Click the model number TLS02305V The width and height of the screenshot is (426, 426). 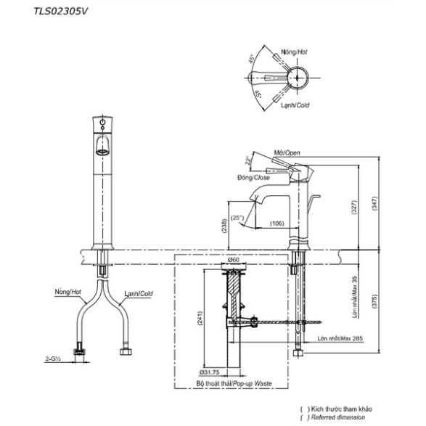[x=60, y=11]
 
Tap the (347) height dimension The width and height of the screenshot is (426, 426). [x=374, y=203]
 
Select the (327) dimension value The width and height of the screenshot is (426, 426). [x=354, y=208]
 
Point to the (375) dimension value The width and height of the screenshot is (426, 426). [x=374, y=301]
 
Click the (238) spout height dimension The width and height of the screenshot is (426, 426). [x=224, y=226]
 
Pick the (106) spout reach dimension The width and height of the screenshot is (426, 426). [x=277, y=224]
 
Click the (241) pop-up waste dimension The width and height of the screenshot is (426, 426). [x=200, y=319]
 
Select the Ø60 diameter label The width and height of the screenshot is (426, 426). [x=234, y=260]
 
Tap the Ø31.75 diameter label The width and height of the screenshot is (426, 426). [x=209, y=372]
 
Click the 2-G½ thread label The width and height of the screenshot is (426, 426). [x=52, y=359]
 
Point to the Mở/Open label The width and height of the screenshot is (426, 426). [x=287, y=152]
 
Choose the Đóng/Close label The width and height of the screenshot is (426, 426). [x=253, y=178]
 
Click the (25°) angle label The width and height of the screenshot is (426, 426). [x=237, y=218]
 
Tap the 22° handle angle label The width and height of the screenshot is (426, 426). [x=247, y=160]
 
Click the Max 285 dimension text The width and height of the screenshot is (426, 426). [x=352, y=338]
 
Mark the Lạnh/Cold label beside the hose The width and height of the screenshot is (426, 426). [x=139, y=294]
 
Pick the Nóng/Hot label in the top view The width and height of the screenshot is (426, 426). [x=294, y=52]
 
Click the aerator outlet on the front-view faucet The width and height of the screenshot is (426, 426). [x=103, y=152]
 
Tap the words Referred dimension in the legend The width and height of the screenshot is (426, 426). [x=338, y=417]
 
